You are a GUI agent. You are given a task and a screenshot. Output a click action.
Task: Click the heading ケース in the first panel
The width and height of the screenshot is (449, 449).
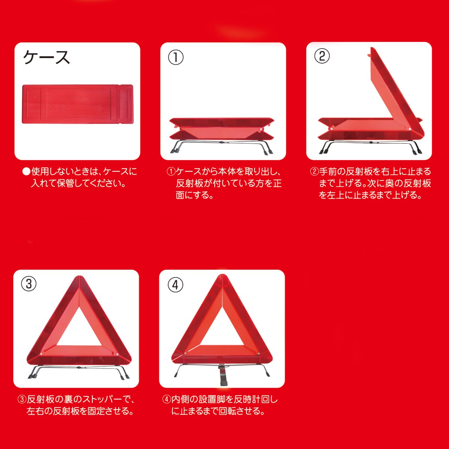[46, 57]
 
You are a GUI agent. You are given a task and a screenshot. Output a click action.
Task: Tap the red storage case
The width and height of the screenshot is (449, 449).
[77, 104]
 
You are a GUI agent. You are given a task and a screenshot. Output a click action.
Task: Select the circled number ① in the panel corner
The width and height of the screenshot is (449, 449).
[175, 58]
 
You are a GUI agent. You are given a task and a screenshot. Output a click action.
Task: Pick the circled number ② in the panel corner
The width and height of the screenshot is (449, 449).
[322, 56]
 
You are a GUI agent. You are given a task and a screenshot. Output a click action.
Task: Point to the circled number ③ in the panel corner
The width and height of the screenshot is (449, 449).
[29, 284]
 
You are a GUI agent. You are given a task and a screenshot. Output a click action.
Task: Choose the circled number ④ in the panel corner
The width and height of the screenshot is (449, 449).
[175, 285]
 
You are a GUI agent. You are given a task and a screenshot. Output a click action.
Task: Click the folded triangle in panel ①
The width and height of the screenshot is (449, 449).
[222, 129]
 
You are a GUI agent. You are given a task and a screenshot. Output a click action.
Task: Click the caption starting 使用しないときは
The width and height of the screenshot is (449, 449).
[79, 177]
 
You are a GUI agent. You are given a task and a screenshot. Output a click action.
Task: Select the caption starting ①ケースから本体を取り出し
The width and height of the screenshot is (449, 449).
[224, 183]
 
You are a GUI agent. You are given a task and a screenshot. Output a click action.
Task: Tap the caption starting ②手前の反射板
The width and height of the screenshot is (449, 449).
[370, 183]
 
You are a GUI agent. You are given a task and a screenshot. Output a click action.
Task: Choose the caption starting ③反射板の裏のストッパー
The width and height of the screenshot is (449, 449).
[76, 405]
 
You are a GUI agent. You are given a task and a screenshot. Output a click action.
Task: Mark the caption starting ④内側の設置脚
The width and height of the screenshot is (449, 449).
[220, 405]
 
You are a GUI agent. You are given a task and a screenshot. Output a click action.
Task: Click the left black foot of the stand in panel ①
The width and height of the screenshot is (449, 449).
[175, 150]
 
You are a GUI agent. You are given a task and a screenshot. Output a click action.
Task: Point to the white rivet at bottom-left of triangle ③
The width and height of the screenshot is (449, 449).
[41, 354]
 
